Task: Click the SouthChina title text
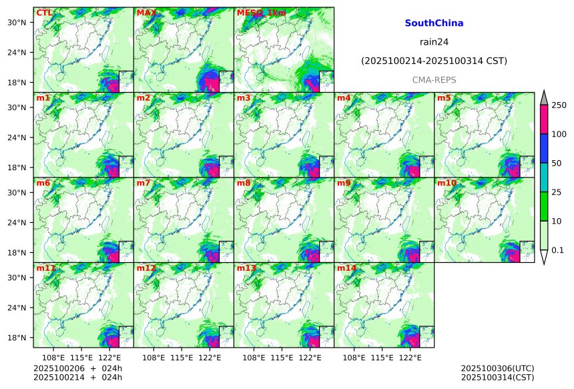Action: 434,23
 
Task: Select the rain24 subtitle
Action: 434,41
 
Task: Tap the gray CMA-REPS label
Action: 434,79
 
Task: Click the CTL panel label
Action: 44,13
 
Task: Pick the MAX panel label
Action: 146,13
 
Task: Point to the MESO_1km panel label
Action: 261,13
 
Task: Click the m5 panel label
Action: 444,98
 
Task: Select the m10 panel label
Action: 447,183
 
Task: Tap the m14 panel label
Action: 346,268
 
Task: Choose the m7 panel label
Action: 143,183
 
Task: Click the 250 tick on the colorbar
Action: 559,105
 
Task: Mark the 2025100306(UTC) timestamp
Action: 497,368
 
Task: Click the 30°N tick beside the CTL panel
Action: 16,22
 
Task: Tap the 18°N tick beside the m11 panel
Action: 16,338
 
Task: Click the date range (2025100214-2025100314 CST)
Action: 434,61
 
